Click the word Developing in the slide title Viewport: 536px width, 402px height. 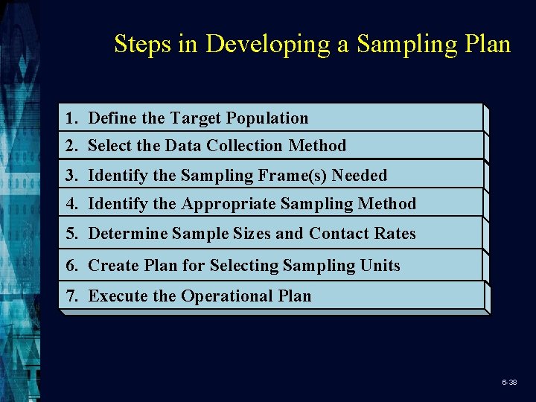click(x=268, y=45)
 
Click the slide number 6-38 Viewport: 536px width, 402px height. click(x=509, y=382)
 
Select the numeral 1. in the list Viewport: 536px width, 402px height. click(x=72, y=118)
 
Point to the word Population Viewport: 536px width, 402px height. click(x=267, y=118)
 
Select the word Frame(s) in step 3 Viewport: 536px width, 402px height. click(x=292, y=176)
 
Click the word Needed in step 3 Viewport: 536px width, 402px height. click(x=360, y=176)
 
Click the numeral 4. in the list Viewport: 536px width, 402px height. click(x=72, y=203)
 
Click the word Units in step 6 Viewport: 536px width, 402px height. click(x=380, y=266)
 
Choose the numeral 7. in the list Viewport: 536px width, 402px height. click(x=72, y=296)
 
